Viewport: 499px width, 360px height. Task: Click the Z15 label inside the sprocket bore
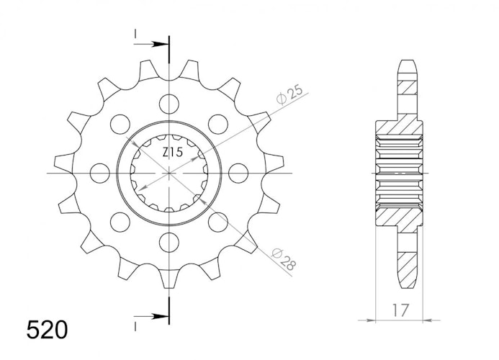point(173,153)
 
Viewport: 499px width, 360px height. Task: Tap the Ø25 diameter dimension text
point(289,94)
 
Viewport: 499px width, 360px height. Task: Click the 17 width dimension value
point(400,310)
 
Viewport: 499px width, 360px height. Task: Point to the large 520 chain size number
point(47,330)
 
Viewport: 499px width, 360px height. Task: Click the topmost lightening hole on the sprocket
point(169,104)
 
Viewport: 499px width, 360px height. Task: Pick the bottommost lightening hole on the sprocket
point(169,242)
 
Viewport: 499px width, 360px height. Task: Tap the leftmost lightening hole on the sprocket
point(100,173)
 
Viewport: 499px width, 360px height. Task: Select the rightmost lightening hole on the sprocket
point(238,173)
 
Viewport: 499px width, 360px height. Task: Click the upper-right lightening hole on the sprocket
point(218,124)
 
